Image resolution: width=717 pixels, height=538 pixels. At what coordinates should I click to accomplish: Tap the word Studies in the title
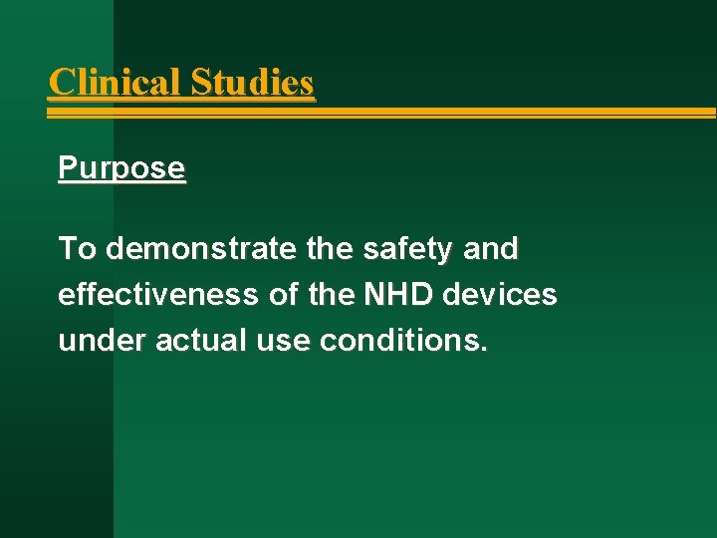(x=252, y=82)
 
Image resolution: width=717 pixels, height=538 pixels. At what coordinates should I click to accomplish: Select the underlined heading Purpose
(x=121, y=168)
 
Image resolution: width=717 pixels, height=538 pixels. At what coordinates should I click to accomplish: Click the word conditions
(x=403, y=342)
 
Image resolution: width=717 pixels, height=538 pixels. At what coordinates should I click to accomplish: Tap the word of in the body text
(x=282, y=295)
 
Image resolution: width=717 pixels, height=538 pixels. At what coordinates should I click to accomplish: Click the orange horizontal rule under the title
(x=398, y=113)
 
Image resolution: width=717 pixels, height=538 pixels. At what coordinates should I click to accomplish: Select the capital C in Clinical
(x=61, y=82)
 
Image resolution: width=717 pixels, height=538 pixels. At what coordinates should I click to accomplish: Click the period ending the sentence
(x=485, y=351)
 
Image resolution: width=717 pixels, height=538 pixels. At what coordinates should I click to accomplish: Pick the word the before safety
(x=330, y=248)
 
